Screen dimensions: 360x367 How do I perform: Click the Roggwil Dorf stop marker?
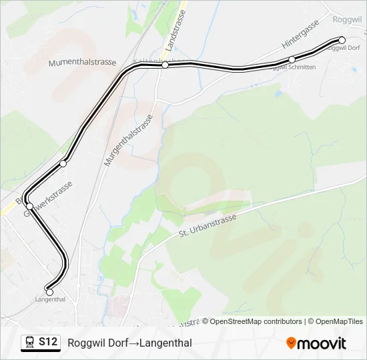point(342,40)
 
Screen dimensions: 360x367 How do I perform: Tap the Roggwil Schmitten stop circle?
point(292,60)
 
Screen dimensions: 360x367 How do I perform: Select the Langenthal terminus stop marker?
point(49,291)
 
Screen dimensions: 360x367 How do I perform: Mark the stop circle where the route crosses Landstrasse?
point(165,65)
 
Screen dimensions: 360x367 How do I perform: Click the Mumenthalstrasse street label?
point(82,63)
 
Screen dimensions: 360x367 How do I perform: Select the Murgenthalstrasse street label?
point(128,141)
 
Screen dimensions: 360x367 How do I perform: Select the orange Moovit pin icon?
point(291,343)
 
